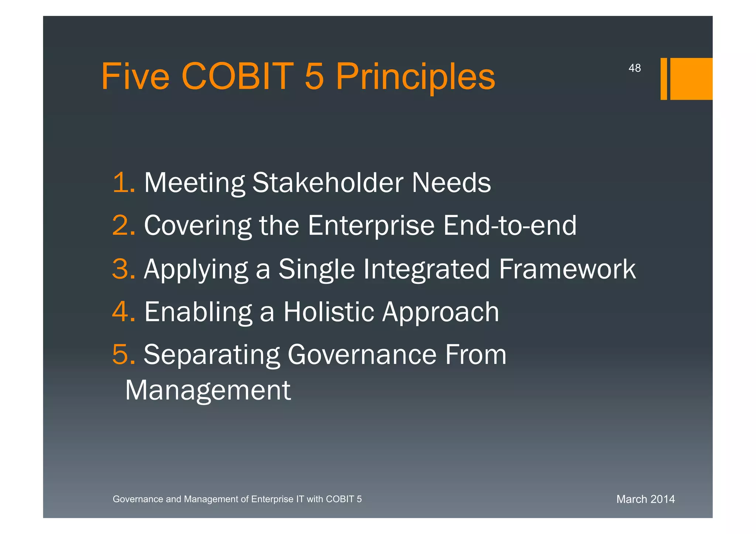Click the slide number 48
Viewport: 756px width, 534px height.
635,68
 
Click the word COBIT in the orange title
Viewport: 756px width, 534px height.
237,76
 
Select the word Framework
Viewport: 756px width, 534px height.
567,269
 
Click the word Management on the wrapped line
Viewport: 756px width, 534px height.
208,390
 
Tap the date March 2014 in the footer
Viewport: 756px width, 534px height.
645,499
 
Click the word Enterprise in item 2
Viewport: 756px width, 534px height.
371,226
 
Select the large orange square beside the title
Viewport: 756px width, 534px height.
691,79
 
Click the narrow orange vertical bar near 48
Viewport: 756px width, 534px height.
663,79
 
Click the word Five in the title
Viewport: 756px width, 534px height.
135,76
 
